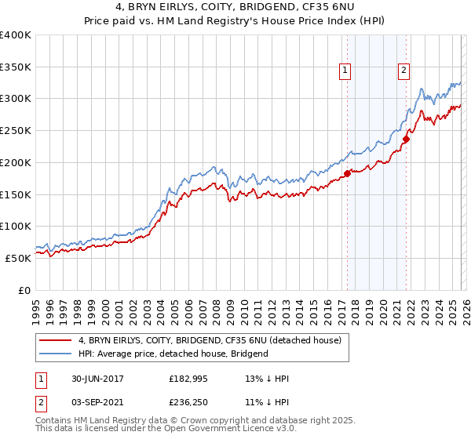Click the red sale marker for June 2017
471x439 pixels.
(348, 173)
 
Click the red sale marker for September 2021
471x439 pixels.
(406, 140)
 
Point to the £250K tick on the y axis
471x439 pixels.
(16, 131)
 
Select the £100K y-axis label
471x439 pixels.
(16, 227)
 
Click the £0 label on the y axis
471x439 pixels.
(25, 290)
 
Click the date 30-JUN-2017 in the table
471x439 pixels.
(93, 379)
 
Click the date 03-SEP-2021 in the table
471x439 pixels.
(93, 402)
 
